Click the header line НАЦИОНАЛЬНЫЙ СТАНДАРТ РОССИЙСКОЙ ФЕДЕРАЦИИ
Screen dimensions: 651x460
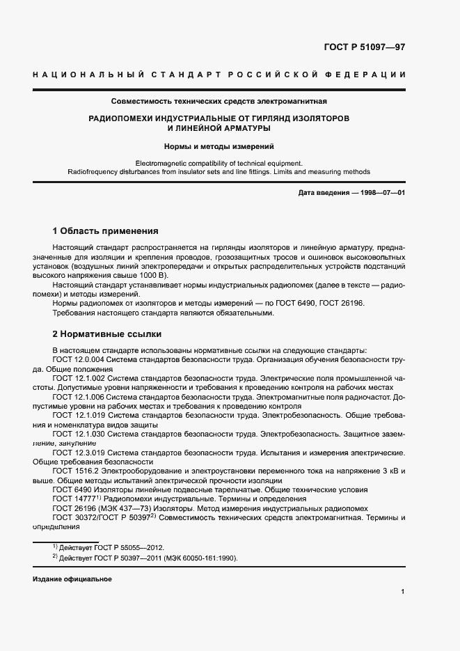click(219, 74)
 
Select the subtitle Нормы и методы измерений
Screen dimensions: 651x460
click(219, 146)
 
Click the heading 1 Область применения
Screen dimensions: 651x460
click(106, 231)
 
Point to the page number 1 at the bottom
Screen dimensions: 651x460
click(403, 592)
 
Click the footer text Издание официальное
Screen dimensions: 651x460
click(72, 579)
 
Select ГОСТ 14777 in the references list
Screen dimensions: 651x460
click(74, 499)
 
